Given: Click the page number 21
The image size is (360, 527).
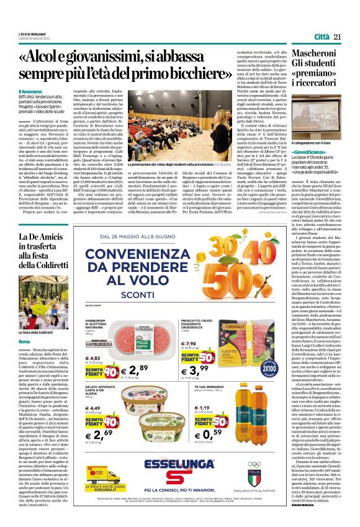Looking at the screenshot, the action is click(338, 37).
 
